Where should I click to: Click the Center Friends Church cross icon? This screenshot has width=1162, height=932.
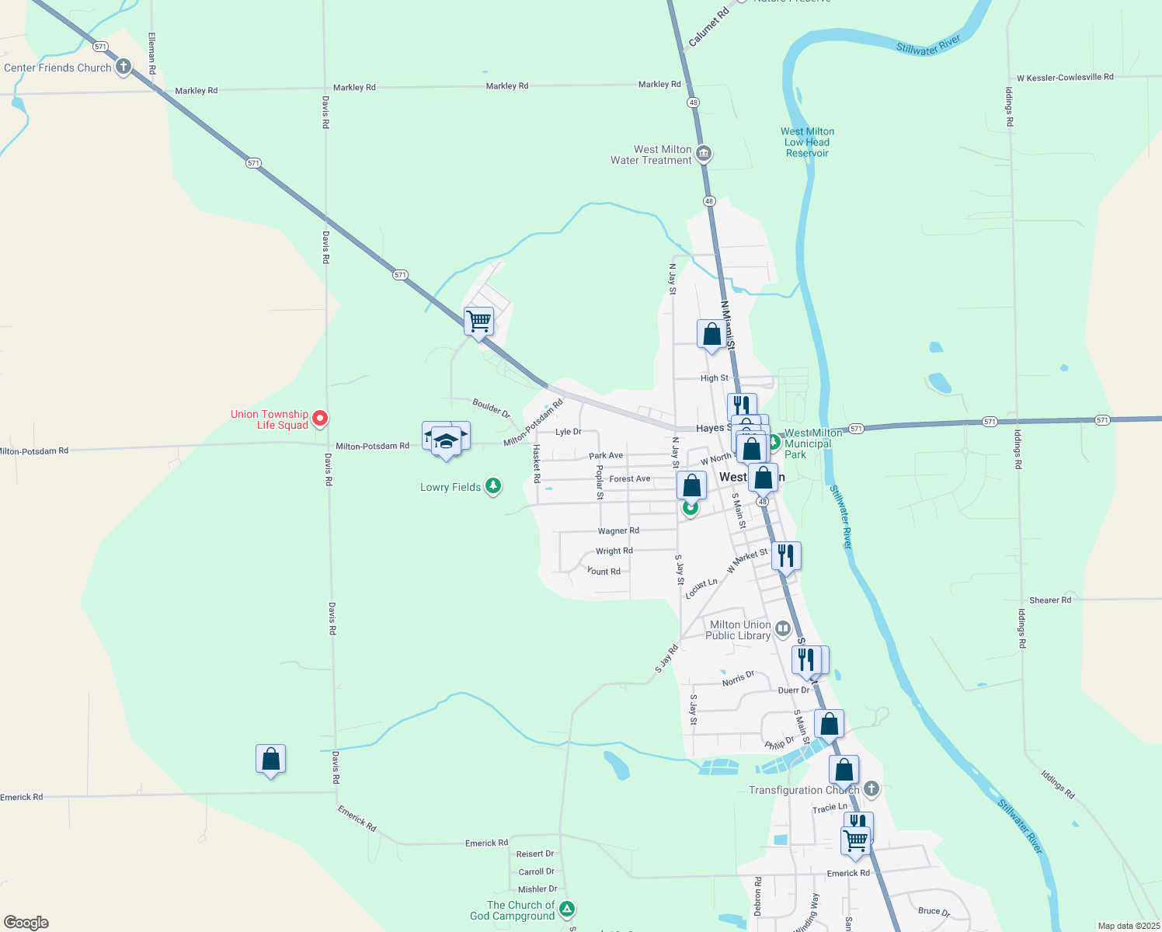click(124, 67)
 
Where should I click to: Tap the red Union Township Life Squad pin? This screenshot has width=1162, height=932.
click(319, 419)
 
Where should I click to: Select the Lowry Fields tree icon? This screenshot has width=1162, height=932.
click(492, 486)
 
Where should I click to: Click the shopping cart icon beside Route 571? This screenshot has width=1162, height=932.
click(479, 320)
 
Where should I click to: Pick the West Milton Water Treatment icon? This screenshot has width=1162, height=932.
click(704, 154)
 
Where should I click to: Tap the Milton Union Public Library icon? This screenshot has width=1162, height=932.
click(783, 628)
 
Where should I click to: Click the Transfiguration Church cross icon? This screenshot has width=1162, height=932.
click(871, 789)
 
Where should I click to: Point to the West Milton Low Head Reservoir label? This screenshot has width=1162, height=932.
click(807, 142)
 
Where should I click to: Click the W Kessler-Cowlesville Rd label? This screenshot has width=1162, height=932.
click(1065, 77)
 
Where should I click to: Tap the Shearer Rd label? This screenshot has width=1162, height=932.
click(1050, 600)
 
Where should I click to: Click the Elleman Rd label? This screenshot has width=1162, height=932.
click(152, 54)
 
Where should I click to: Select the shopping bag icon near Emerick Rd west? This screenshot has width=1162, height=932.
click(270, 759)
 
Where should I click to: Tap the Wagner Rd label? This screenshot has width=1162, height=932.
click(618, 531)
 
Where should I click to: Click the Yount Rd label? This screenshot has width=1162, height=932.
click(604, 572)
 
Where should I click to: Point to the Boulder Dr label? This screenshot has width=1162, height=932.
click(491, 408)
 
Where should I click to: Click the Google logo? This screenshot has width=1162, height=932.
click(26, 922)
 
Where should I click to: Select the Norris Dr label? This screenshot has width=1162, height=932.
click(738, 678)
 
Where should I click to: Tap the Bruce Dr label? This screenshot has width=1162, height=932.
click(934, 911)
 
